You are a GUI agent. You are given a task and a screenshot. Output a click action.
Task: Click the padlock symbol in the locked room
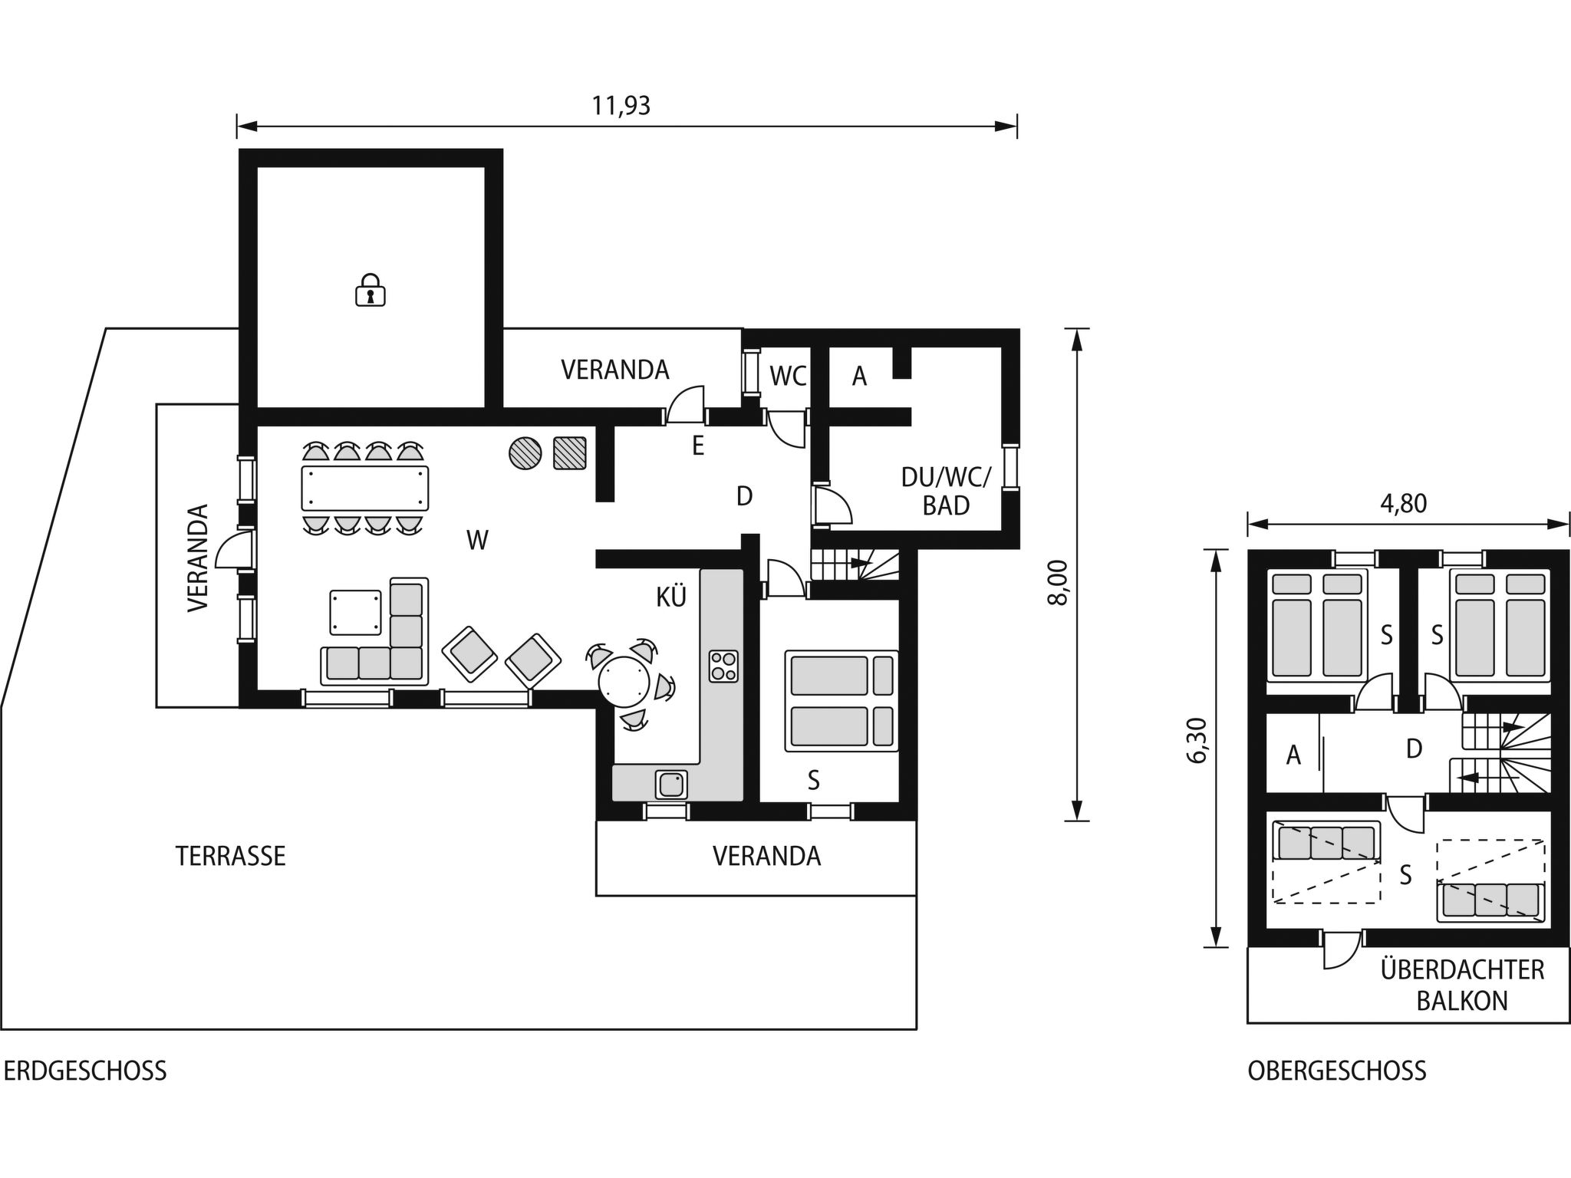(x=370, y=290)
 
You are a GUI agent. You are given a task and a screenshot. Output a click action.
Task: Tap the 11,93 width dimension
(x=621, y=106)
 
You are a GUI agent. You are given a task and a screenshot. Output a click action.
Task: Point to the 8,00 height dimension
(x=1058, y=583)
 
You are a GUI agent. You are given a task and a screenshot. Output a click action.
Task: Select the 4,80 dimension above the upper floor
(x=1403, y=504)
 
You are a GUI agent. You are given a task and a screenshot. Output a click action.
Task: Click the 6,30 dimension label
(x=1197, y=740)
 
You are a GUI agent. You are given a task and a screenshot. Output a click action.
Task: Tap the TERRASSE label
(x=230, y=856)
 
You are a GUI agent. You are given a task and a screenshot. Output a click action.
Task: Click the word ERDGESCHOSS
(x=84, y=1071)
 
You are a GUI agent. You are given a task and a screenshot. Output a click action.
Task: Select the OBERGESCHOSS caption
(x=1336, y=1071)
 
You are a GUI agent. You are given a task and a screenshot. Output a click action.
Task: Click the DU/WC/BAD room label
(x=946, y=491)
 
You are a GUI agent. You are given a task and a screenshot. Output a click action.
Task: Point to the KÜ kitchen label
(x=670, y=597)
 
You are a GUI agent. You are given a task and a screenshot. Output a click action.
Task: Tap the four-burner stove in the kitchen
(x=723, y=666)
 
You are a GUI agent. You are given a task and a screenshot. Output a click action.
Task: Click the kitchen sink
(x=671, y=785)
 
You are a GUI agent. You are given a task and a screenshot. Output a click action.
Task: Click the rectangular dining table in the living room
(x=365, y=489)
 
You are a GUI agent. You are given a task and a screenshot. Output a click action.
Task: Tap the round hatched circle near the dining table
(x=525, y=452)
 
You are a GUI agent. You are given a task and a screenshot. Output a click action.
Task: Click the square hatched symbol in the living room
(x=569, y=452)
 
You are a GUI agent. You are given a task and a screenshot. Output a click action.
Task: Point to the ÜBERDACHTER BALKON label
(x=1462, y=985)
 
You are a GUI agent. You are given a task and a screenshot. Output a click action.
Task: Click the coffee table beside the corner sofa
(x=355, y=612)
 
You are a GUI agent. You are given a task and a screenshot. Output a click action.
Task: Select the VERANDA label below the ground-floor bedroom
(x=766, y=856)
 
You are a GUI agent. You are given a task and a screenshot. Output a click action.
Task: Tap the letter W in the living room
(x=477, y=541)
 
